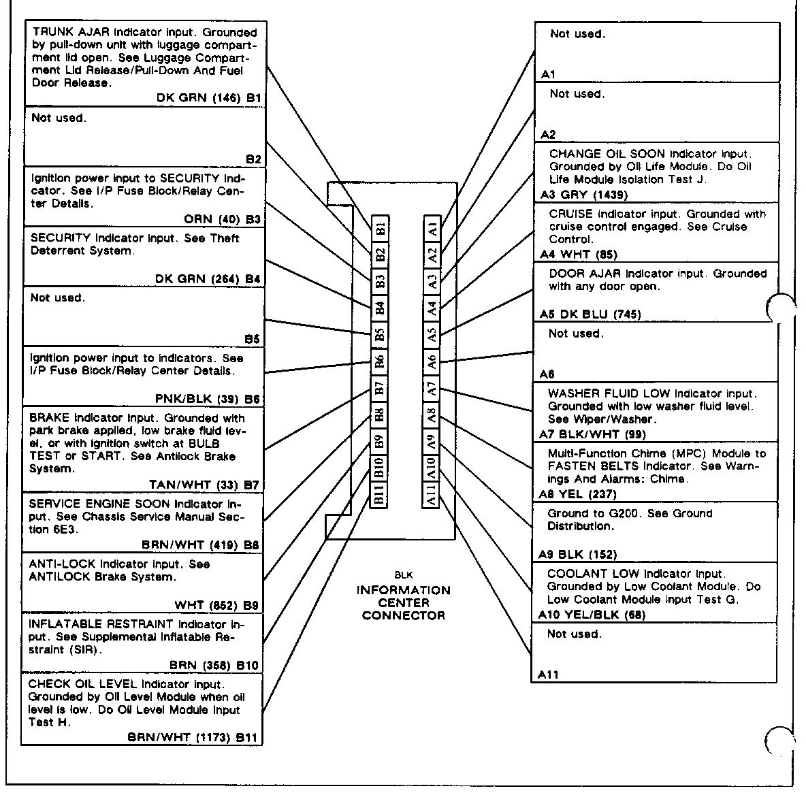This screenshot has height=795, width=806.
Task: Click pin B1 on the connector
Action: (x=381, y=227)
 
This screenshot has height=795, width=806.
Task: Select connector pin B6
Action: (x=381, y=361)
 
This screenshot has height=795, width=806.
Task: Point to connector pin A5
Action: (x=431, y=334)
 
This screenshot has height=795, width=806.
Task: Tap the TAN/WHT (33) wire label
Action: (x=195, y=485)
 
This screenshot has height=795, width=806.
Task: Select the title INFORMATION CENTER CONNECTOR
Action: (x=404, y=603)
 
